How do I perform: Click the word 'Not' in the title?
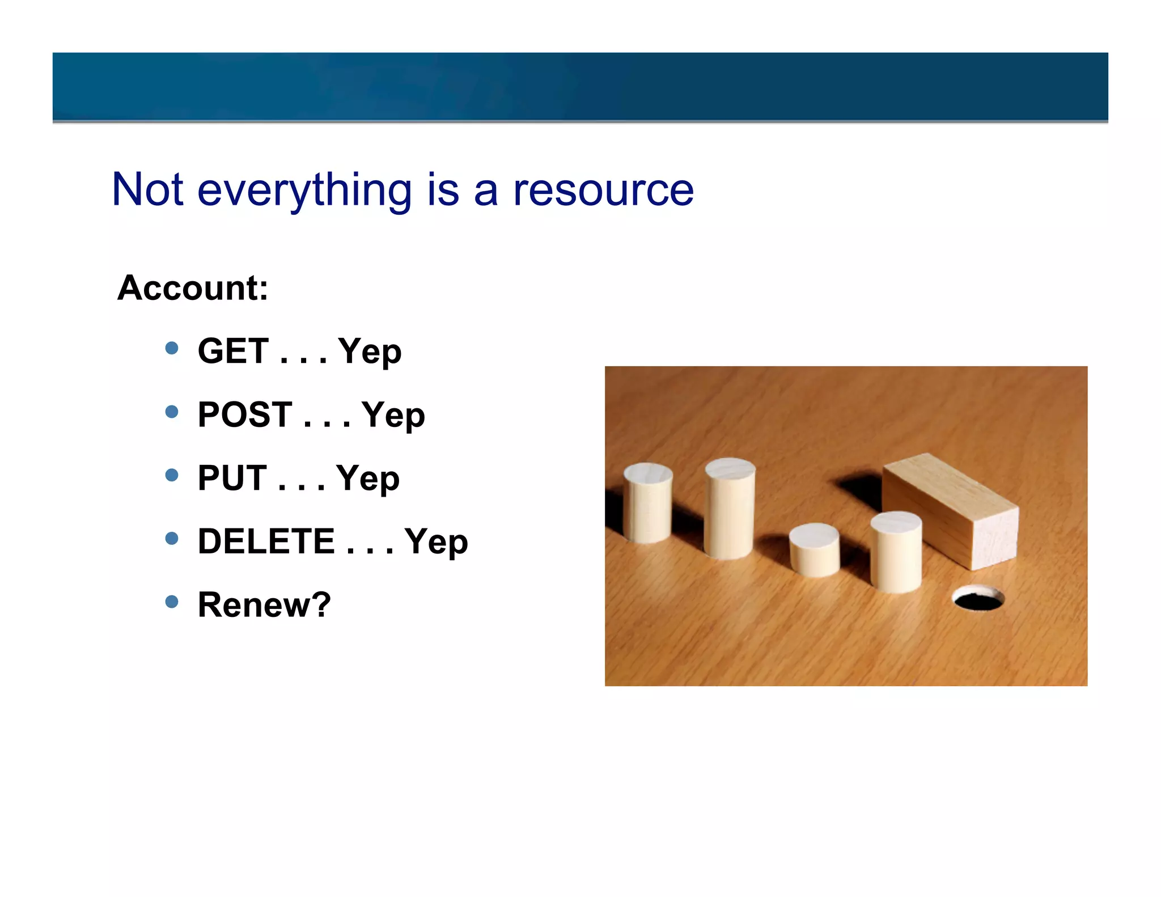point(147,189)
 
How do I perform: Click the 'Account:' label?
point(192,287)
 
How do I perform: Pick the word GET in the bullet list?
point(233,351)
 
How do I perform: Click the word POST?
point(245,414)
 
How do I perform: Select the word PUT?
point(232,478)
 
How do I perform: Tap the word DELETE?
point(266,541)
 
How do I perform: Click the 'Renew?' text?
point(264,604)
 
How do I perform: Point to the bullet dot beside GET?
point(172,348)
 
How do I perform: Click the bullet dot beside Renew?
point(172,601)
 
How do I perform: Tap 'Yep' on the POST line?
point(393,416)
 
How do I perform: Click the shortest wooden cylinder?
point(814,549)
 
